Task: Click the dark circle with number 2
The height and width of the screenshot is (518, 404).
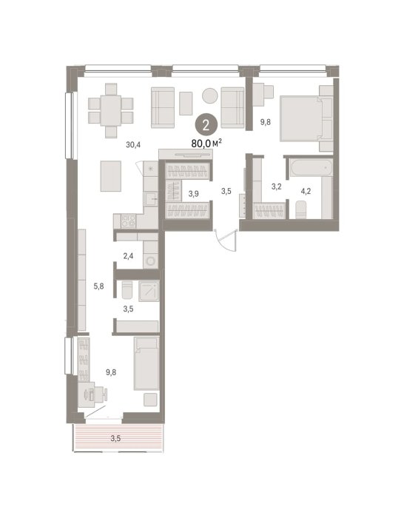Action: pos(206,126)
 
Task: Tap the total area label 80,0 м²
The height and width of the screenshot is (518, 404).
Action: pos(206,143)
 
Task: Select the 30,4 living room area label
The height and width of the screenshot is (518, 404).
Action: pos(133,144)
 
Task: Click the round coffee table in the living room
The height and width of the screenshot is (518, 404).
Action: pos(209,96)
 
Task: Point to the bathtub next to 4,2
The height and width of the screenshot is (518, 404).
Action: pos(312,168)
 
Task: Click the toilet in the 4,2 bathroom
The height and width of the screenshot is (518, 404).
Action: pos(302,209)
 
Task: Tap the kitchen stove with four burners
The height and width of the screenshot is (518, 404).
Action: pos(128,221)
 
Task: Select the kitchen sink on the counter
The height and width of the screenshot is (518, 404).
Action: pos(151,199)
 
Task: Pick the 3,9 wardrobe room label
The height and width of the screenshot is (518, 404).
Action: pos(194,194)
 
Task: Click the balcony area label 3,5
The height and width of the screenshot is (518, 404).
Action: pos(115,438)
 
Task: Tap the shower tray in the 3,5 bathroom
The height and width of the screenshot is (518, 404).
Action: pos(149,291)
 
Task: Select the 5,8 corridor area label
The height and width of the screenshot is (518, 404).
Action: pos(98,286)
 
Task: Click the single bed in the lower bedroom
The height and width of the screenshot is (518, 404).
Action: pos(147,363)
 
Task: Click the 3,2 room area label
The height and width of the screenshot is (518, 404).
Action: pos(277,186)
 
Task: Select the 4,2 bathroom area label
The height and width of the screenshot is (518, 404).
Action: pos(306,191)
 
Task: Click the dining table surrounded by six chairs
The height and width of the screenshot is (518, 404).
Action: pos(111,110)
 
